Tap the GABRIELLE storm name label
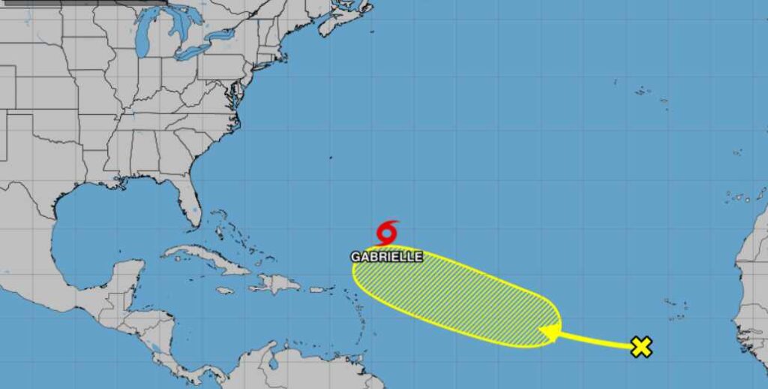pyautogui.click(x=387, y=257)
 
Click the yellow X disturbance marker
pyautogui.click(x=641, y=347)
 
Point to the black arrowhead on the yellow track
pyautogui.click(x=550, y=332)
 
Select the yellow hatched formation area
pyautogui.click(x=457, y=297)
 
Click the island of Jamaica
pyautogui.click(x=225, y=291)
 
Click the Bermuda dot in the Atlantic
pyautogui.click(x=329, y=158)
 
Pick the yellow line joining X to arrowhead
pyautogui.click(x=596, y=340)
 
